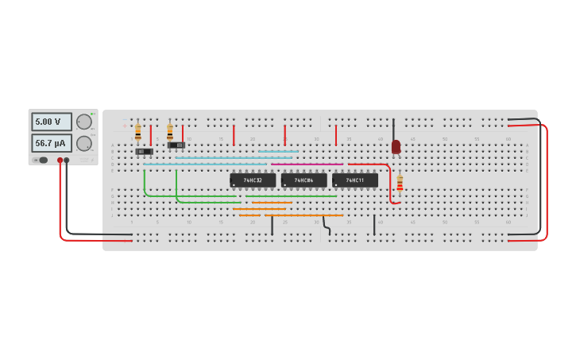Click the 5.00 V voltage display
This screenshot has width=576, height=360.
pyautogui.click(x=52, y=122)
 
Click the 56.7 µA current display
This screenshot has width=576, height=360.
pyautogui.click(x=52, y=143)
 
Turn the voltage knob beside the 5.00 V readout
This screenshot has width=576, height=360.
pyautogui.click(x=83, y=122)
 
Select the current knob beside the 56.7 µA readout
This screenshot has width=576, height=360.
pyautogui.click(x=83, y=143)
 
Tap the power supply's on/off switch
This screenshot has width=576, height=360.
pyautogui.click(x=41, y=160)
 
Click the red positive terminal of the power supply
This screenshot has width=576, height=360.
pyautogui.click(x=60, y=160)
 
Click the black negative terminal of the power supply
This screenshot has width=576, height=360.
pyautogui.click(x=67, y=160)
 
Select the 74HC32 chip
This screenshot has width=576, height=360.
pyautogui.click(x=253, y=180)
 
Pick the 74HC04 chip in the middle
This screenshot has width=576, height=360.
pyautogui.click(x=303, y=180)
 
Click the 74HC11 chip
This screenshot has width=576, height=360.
pyautogui.click(x=355, y=180)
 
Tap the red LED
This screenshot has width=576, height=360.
pyautogui.click(x=396, y=146)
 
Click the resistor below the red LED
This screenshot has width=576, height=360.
pyautogui.click(x=400, y=183)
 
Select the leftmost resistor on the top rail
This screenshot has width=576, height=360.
pyautogui.click(x=137, y=131)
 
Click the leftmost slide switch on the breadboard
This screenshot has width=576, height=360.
pyautogui.click(x=144, y=151)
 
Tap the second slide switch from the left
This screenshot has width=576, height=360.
pyautogui.click(x=176, y=145)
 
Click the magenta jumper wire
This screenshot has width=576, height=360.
pyautogui.click(x=307, y=165)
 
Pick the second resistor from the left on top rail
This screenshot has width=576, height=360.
pyautogui.click(x=169, y=131)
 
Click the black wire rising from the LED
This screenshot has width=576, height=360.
pyautogui.click(x=393, y=129)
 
